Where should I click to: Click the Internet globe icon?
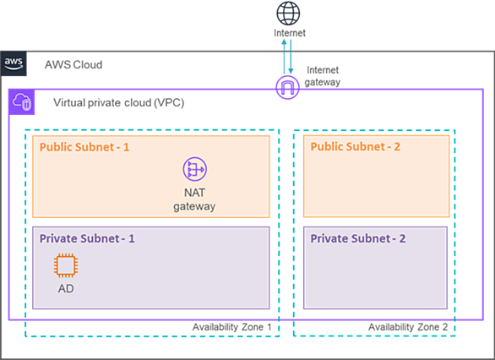288,14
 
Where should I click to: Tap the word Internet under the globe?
290,33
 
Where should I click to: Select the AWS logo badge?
14,63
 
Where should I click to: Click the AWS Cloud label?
73,65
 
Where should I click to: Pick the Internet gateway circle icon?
287,87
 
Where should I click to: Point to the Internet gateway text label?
323,76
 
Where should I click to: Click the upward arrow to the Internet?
284,57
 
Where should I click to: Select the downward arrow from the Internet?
291,57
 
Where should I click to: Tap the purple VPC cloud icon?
22,102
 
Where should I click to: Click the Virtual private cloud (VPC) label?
119,102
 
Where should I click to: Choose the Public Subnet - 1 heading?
84,147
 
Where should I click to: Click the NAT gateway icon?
195,169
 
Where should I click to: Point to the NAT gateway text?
194,199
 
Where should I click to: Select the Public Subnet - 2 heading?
355,146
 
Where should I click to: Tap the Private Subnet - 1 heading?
87,238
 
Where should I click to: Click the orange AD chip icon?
66,265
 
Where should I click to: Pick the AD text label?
66,288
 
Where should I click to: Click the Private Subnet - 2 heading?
358,238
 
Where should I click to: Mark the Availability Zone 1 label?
232,327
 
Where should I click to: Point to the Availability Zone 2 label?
408,327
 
